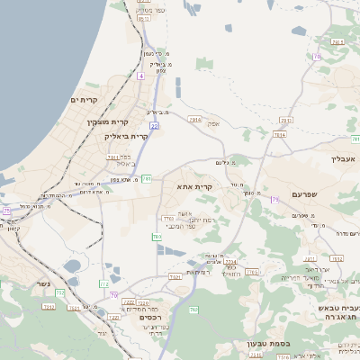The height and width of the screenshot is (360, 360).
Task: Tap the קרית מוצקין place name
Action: (x=109, y=121)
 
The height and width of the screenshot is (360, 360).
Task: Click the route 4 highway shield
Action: (x=140, y=76)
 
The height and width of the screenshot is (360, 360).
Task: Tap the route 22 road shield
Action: (x=155, y=126)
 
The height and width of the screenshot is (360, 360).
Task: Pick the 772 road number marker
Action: (x=104, y=284)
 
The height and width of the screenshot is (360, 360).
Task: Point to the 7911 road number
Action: (x=114, y=157)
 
